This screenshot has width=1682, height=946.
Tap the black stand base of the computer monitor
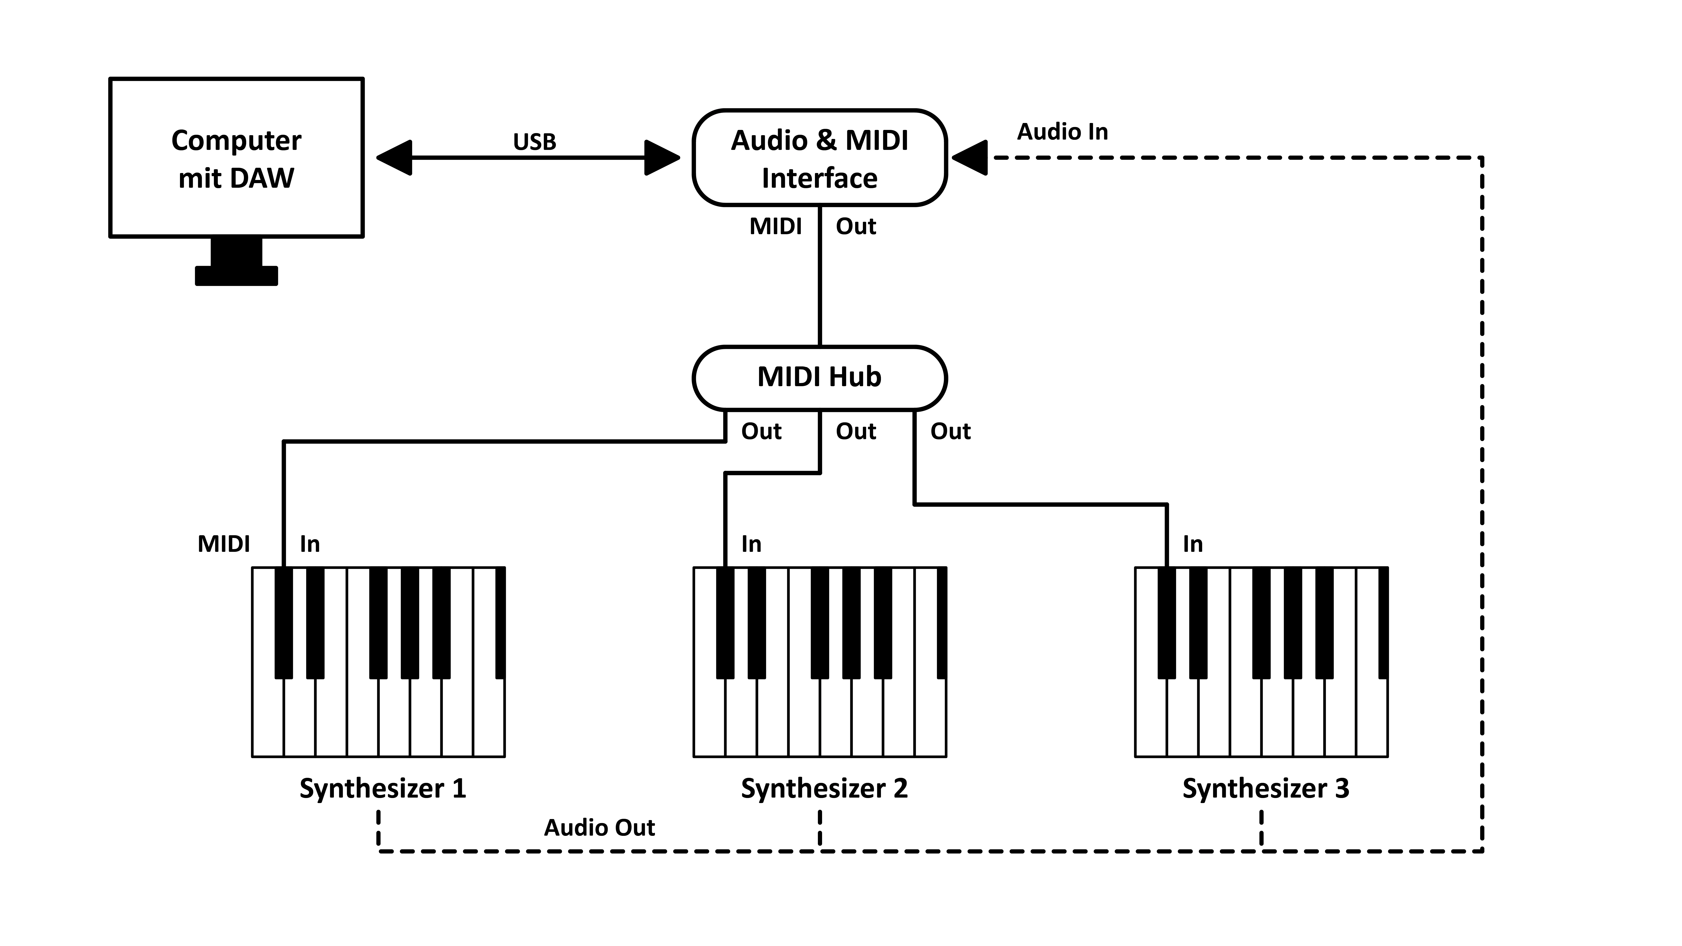(236, 276)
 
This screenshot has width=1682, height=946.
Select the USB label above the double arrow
(534, 142)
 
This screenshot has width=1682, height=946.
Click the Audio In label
(1062, 132)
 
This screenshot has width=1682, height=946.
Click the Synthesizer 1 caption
(383, 789)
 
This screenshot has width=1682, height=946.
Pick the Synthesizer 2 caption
(824, 789)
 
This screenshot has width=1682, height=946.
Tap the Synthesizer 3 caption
(1265, 789)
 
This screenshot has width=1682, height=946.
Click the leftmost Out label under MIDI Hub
(761, 432)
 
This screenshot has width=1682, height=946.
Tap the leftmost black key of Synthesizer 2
(725, 624)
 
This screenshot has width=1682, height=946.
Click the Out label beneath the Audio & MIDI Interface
(855, 227)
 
